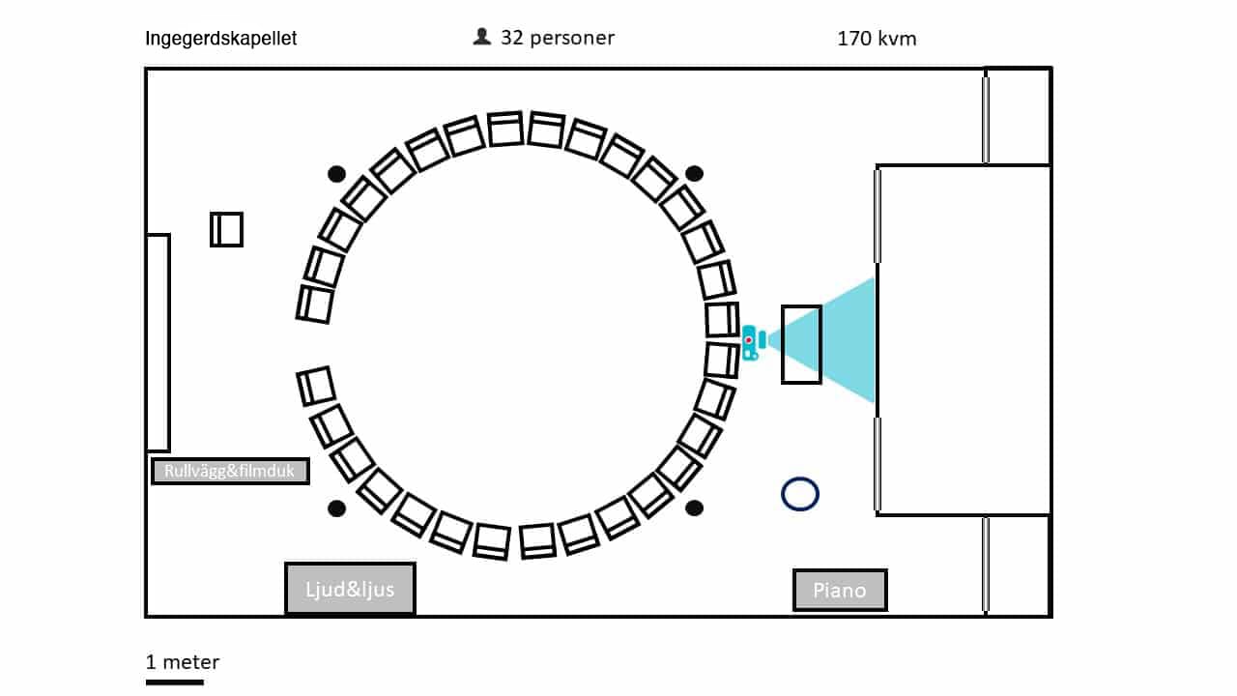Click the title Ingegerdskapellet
221,40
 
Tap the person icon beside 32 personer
481,37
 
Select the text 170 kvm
877,40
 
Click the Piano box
840,590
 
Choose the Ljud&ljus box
350,588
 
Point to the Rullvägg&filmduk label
230,472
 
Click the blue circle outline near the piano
800,494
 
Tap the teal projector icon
752,343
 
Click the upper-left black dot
336,174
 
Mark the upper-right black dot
694,174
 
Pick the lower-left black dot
336,508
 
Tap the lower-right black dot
694,508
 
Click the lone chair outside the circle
226,230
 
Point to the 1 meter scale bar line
174,682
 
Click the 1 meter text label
183,662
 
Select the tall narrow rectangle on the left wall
158,343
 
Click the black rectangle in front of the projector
801,345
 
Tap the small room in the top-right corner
1019,116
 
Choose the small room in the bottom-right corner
1019,565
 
